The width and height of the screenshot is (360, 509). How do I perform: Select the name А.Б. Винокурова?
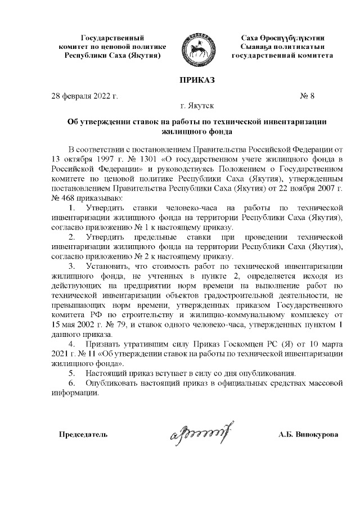308,435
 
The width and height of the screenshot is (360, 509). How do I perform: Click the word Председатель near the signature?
84,435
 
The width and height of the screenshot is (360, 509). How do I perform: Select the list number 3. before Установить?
72,266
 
